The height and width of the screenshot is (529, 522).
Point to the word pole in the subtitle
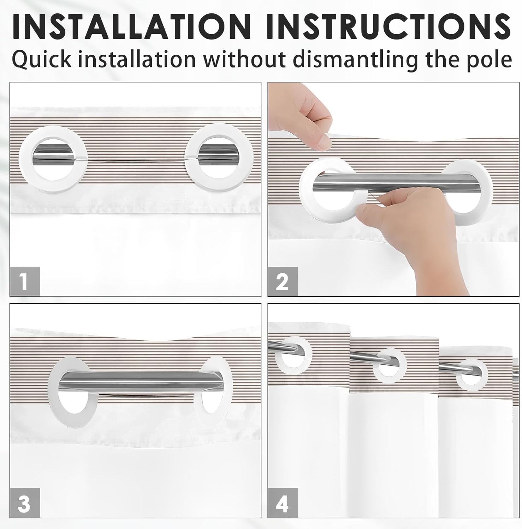click(491, 59)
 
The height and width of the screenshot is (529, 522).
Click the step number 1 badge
click(25, 281)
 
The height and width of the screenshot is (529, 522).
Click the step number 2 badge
click(283, 281)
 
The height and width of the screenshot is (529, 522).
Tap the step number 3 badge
click(25, 503)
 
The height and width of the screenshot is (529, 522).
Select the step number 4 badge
click(283, 503)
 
